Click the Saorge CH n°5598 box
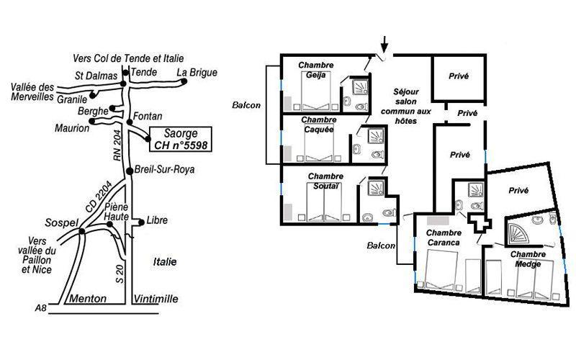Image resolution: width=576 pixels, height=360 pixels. [x=181, y=139]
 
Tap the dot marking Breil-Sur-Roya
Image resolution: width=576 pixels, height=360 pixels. [x=130, y=171]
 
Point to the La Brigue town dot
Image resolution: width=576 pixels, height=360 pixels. [x=184, y=81]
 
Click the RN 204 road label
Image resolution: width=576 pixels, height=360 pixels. [x=117, y=146]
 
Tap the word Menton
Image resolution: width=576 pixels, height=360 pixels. [x=88, y=298]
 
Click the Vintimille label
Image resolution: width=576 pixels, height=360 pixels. [x=156, y=299]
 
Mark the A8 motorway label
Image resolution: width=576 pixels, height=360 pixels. [x=41, y=308]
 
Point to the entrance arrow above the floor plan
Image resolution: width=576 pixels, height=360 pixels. [x=384, y=45]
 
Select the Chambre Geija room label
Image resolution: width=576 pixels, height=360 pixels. [x=316, y=70]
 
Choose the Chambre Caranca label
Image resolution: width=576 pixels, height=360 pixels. [x=444, y=238]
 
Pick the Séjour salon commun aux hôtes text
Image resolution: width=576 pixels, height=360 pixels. [x=406, y=106]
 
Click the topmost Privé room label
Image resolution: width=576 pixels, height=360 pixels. [x=459, y=76]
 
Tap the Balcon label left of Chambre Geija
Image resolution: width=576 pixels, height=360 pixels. [x=246, y=105]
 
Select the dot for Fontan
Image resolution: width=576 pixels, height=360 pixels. [x=130, y=122]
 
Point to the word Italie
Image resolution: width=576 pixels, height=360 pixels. [x=165, y=262]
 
